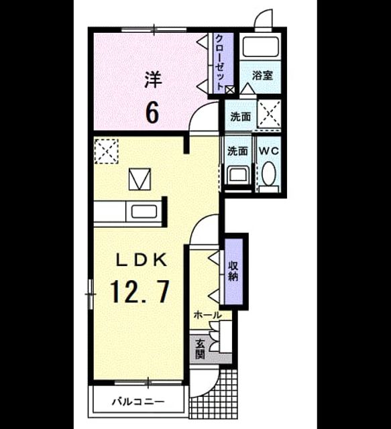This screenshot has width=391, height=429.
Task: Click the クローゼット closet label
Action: [x=220, y=62]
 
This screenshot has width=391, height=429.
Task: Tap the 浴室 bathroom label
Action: [x=263, y=75]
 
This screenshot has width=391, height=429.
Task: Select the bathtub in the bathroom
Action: [x=260, y=46]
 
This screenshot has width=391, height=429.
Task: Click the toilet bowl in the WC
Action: [x=268, y=173]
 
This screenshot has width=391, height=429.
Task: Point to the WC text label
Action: [x=269, y=151]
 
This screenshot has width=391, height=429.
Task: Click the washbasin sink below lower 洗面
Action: [x=238, y=174]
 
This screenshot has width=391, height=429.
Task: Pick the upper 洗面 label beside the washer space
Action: [x=240, y=117]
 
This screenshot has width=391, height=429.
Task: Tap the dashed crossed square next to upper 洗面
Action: [x=270, y=114]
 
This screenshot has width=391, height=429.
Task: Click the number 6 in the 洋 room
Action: [x=152, y=112]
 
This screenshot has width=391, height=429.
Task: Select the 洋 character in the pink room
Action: [x=153, y=80]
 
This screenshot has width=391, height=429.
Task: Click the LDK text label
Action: [x=142, y=260]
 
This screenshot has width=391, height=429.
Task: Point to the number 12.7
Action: [x=139, y=292]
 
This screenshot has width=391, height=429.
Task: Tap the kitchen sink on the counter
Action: [x=144, y=212]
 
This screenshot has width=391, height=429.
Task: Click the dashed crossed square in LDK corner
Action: [x=106, y=151]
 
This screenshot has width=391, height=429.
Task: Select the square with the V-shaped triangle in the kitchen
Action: [x=139, y=179]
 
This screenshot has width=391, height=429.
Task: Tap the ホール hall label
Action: [x=207, y=315]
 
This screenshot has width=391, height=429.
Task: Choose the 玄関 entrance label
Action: [x=200, y=349]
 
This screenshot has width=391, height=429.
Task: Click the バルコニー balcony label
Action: [x=138, y=402]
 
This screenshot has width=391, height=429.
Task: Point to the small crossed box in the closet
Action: [x=229, y=90]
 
